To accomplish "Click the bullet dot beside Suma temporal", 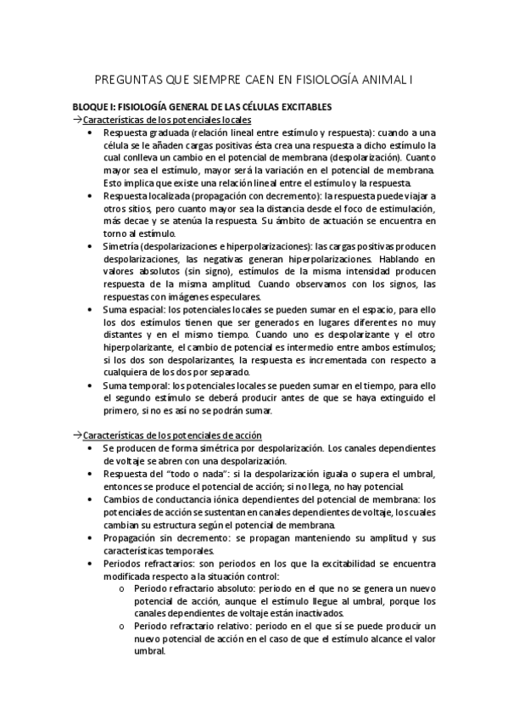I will pyautogui.click(x=92, y=385).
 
